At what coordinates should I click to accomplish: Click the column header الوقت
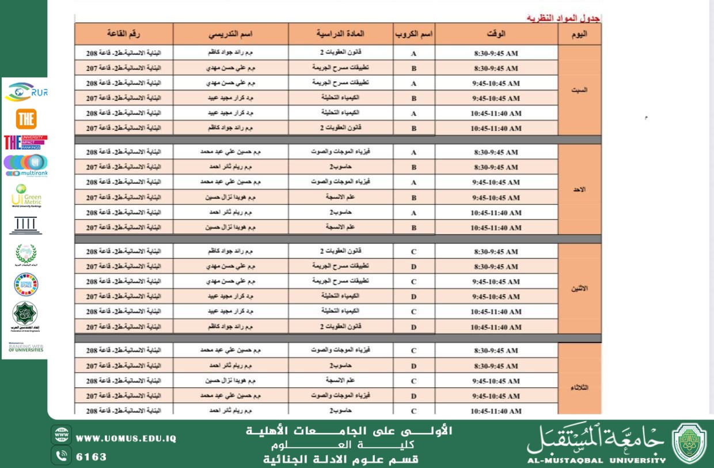[x=496, y=33]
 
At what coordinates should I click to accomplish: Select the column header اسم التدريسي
[x=230, y=33]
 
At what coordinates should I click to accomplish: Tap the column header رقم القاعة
[x=124, y=33]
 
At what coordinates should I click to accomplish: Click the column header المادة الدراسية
[x=340, y=33]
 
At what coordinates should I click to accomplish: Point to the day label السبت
[x=579, y=90]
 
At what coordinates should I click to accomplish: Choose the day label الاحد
[x=579, y=190]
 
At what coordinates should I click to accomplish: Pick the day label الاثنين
[x=579, y=289]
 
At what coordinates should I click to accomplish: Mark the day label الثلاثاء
[x=579, y=388]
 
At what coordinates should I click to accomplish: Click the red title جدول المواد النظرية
[x=564, y=18]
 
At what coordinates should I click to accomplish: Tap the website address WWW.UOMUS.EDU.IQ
[x=126, y=438]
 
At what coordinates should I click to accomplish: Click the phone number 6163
[x=92, y=456]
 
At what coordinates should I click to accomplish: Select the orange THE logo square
[x=26, y=119]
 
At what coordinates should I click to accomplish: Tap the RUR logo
[x=26, y=92]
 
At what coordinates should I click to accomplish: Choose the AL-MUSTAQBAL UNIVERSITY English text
[x=596, y=460]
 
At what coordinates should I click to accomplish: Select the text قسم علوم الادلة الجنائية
[x=340, y=459]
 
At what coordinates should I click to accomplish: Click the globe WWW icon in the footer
[x=61, y=435]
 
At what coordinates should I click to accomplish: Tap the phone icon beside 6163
[x=61, y=455]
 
